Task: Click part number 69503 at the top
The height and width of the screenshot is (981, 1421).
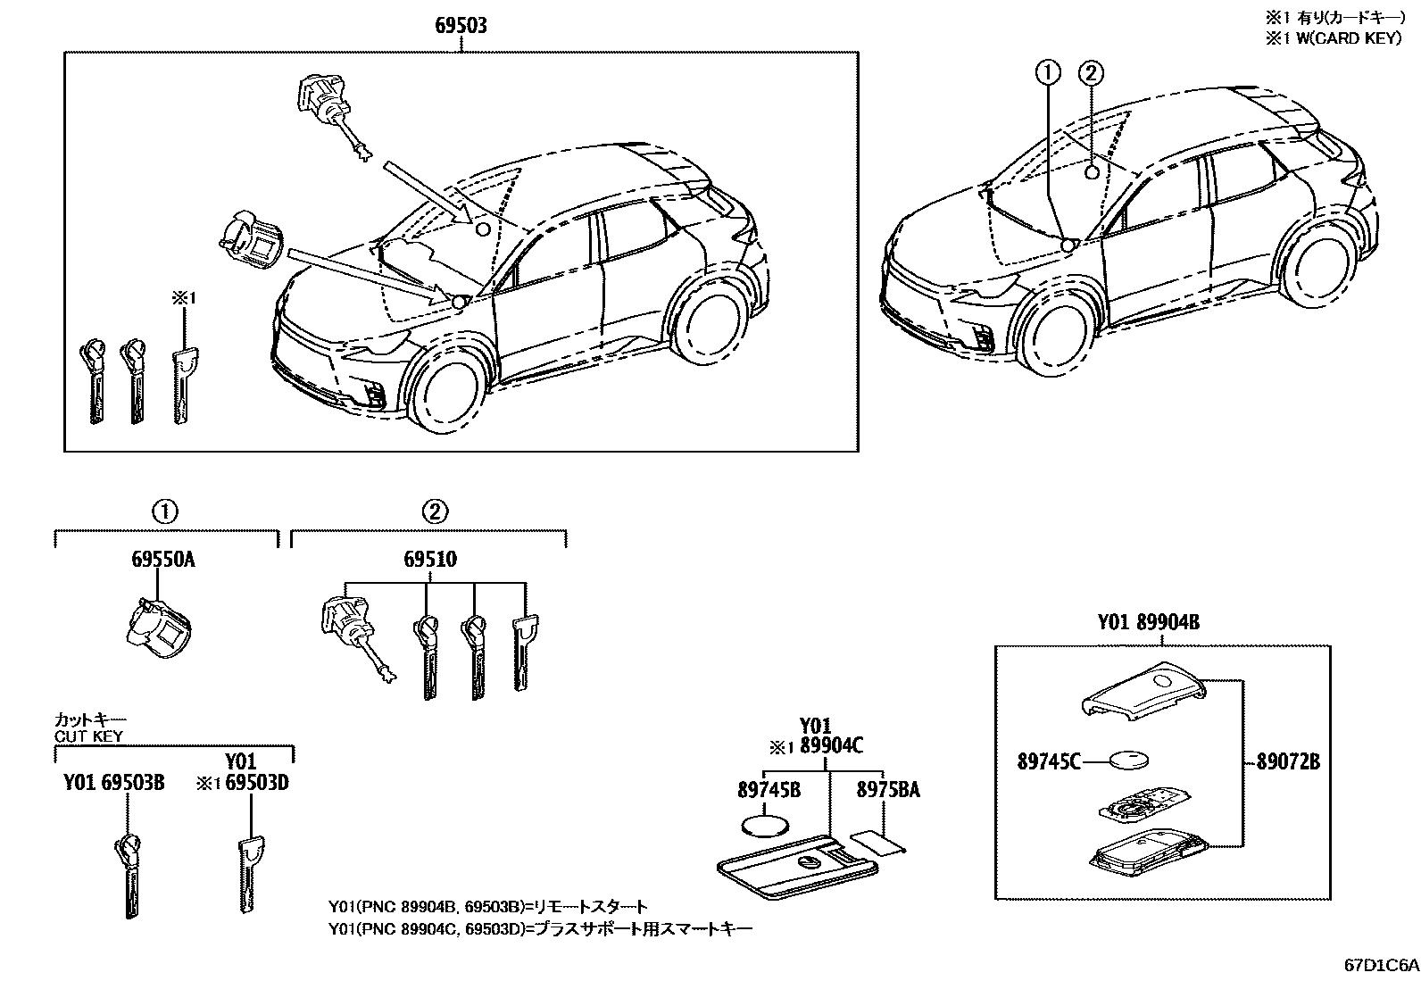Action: (461, 26)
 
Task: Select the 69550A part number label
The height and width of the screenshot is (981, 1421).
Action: (162, 560)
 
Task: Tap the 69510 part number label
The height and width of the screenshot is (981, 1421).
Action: (429, 560)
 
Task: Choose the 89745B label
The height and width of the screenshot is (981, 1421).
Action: (769, 789)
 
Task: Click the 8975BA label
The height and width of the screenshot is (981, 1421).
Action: (888, 789)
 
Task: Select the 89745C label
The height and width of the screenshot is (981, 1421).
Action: (1049, 761)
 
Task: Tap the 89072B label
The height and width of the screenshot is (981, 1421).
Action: (1288, 761)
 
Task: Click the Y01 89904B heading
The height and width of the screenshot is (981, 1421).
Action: (1149, 623)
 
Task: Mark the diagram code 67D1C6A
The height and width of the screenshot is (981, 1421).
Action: (1382, 965)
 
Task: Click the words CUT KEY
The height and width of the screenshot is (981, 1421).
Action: (88, 736)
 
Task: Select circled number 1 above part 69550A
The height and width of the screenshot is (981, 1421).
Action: (164, 511)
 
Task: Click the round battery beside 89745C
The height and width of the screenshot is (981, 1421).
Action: (1128, 761)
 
